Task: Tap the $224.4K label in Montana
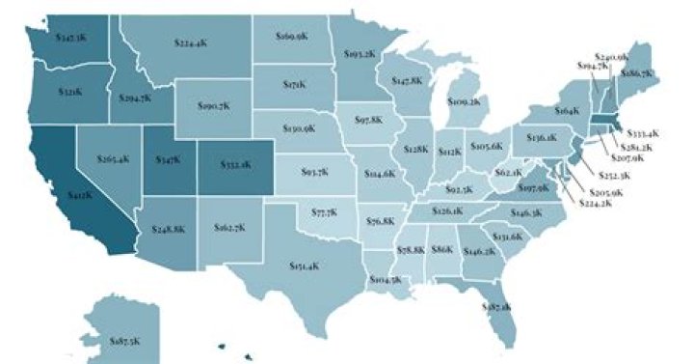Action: coord(194,42)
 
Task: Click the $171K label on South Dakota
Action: coord(294,85)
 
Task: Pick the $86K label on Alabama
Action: coord(441,249)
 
